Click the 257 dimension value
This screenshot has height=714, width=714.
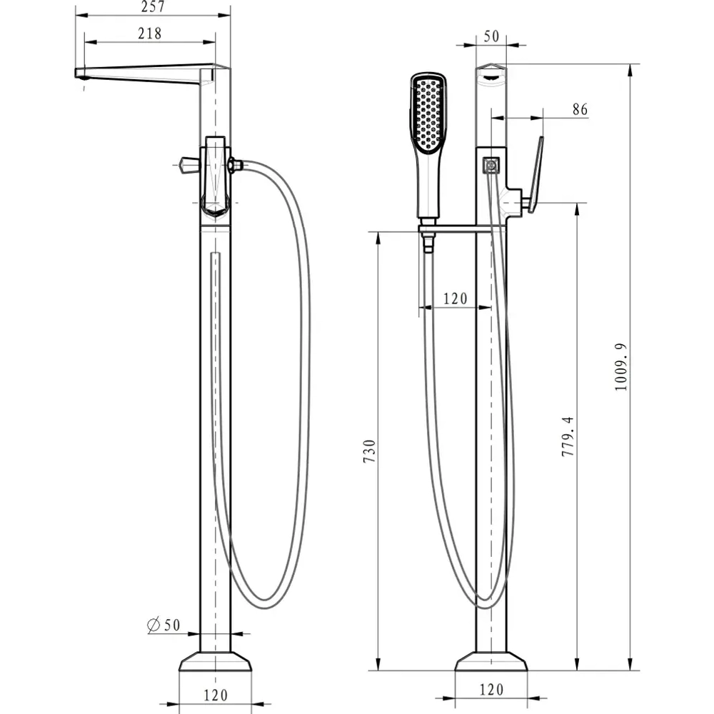[x=153, y=6]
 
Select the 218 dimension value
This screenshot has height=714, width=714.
[x=150, y=34]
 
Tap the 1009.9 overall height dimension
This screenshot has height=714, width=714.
[x=620, y=367]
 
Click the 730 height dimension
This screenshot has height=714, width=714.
[x=369, y=451]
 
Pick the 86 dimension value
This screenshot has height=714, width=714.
[x=580, y=109]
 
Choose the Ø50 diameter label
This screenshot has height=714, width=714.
[x=164, y=625]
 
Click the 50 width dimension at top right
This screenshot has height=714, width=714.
[x=491, y=36]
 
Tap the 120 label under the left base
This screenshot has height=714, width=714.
[x=216, y=695]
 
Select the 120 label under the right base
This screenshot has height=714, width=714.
[x=491, y=690]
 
